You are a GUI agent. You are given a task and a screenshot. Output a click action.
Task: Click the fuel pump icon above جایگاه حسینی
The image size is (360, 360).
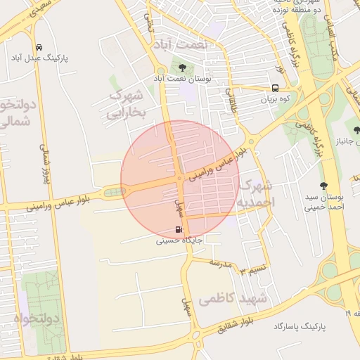tap(179, 229)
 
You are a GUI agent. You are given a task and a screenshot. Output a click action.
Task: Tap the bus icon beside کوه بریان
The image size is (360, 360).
tap(275, 89)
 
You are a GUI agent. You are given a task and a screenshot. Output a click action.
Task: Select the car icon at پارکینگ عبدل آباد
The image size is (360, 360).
tap(38, 48)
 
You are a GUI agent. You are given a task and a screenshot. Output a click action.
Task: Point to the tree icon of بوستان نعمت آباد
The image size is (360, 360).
tap(183, 67)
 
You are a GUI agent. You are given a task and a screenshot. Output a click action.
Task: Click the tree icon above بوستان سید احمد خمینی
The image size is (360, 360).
tap(323, 186)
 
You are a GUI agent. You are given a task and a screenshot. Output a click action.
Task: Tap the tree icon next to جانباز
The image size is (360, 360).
tap(356, 131)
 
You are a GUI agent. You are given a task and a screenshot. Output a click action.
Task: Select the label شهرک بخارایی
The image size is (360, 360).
tap(127, 103)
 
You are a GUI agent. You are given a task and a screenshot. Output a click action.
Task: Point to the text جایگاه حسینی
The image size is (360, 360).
tap(179, 240)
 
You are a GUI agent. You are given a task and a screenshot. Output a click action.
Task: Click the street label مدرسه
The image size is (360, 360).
tap(221, 262)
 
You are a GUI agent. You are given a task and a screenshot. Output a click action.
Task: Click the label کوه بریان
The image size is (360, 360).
tap(276, 100)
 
